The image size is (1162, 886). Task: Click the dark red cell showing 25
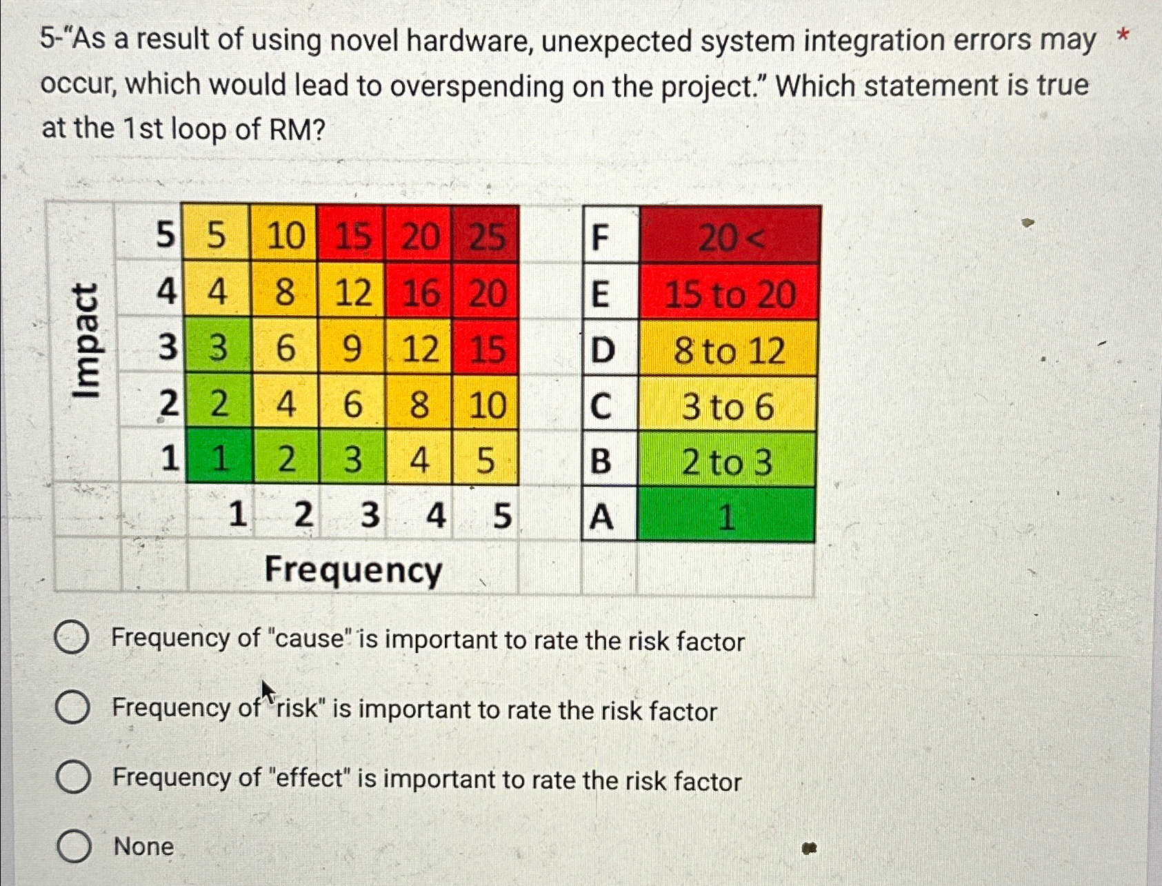pos(486,236)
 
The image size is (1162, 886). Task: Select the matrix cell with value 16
pos(419,293)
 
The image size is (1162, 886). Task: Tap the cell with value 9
pos(352,348)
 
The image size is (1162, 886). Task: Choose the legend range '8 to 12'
pos(729,350)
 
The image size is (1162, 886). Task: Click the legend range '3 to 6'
pos(728,406)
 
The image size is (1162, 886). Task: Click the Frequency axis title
pos(353,570)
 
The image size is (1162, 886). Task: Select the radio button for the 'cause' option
pos(72,637)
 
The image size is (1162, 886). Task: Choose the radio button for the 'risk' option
pos(72,707)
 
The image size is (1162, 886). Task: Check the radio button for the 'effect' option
pos(73,777)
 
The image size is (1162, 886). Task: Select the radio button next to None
pos(74,847)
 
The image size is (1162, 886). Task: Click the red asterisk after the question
pos(1123,34)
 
